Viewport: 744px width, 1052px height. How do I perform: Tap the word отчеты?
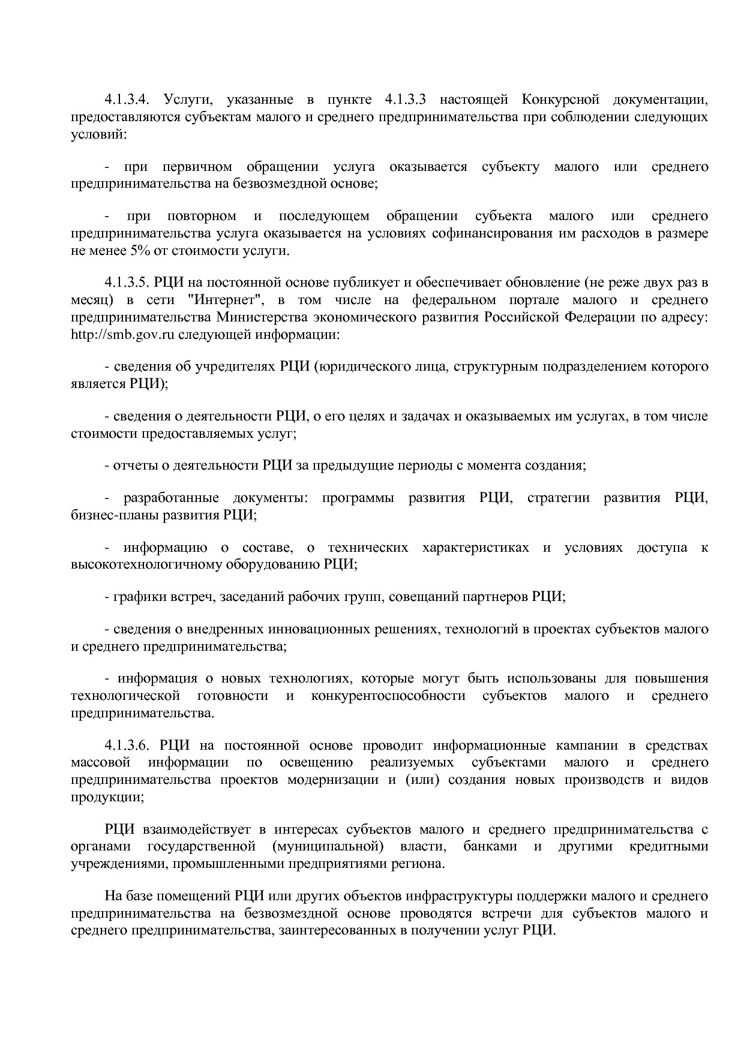pos(133,465)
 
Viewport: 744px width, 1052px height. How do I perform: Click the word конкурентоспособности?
pos(388,696)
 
